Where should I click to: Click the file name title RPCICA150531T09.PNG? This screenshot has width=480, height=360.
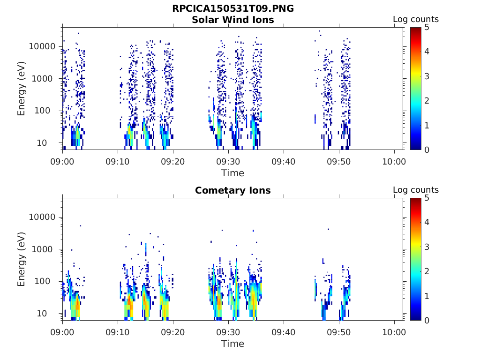coord(233,8)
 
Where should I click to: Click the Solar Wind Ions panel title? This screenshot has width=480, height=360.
coord(233,20)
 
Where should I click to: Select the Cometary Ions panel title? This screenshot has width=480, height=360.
coord(233,190)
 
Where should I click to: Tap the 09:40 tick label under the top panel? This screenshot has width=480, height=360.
coord(284,162)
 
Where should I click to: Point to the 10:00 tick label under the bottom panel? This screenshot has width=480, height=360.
coord(394,332)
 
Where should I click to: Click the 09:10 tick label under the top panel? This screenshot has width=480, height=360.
coord(118,162)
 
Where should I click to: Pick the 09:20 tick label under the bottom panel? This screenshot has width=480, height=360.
coord(173,332)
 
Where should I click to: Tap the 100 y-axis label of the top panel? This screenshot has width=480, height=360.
coord(48,111)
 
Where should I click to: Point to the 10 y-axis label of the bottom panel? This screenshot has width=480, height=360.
coord(50,313)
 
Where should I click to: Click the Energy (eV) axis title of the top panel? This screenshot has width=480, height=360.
coord(22,89)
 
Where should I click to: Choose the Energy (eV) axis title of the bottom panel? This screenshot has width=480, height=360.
coord(22,259)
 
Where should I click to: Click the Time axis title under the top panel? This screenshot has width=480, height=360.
coord(233,173)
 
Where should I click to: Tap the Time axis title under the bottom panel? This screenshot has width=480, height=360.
coord(233,344)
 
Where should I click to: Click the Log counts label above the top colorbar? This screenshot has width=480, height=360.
coord(415,19)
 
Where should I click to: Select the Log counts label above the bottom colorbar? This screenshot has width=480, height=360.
coord(415,190)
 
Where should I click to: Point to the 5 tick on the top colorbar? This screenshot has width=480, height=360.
coord(427,27)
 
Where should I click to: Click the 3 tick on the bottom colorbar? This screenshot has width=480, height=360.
coord(427,247)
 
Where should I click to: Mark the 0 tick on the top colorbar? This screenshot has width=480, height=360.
coord(427,150)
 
